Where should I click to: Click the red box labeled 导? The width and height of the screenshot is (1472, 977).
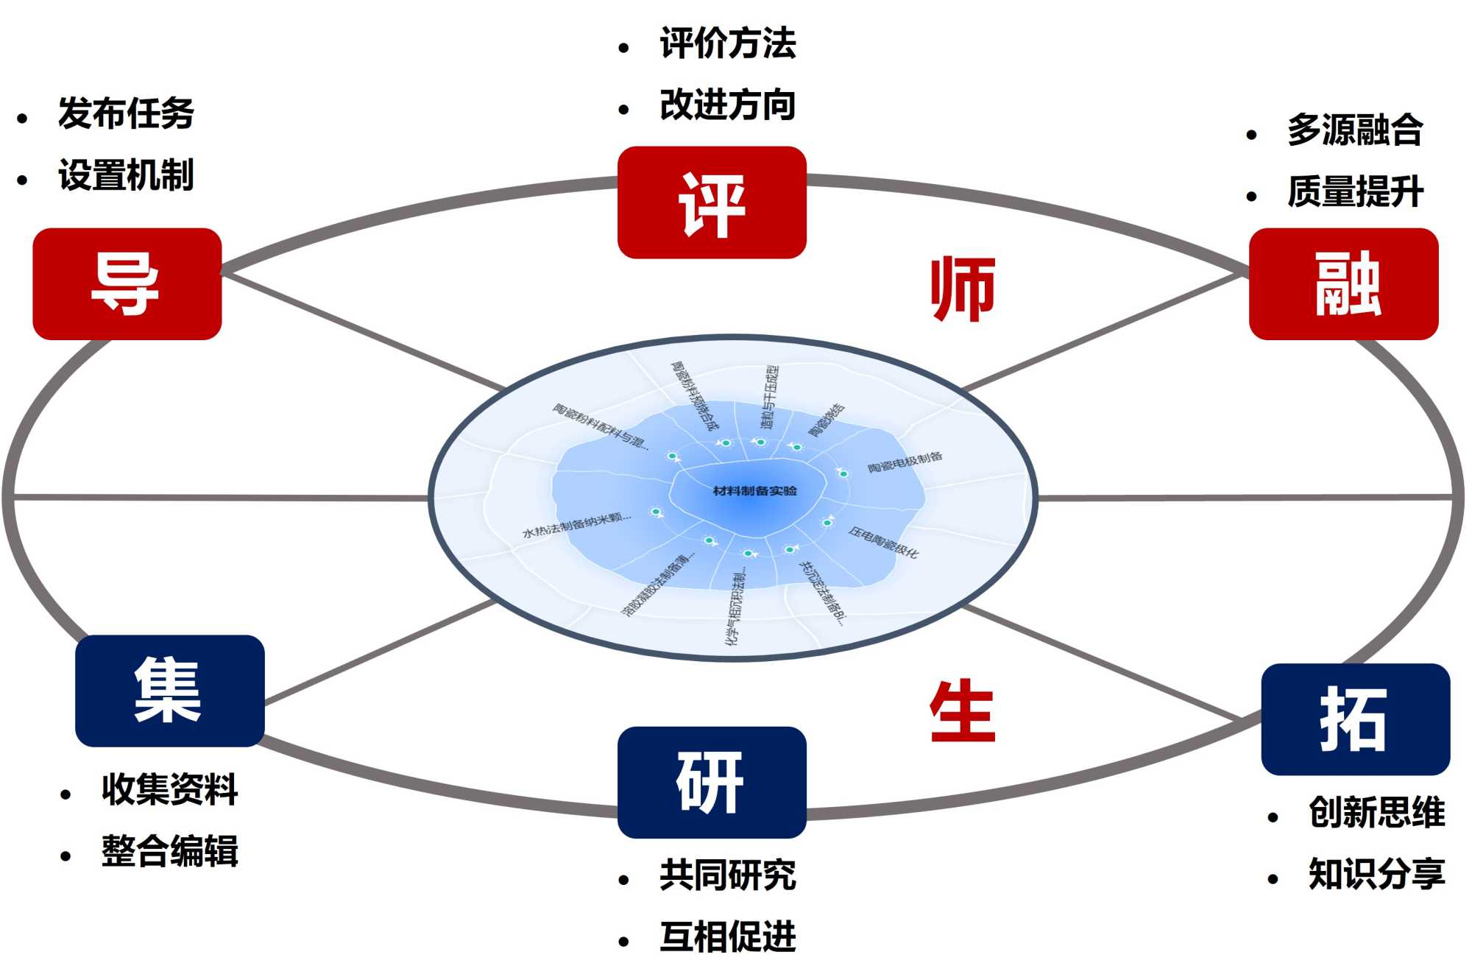click(127, 283)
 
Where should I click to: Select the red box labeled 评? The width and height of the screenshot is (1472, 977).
click(712, 202)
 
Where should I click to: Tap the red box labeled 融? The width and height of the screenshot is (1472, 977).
click(1344, 283)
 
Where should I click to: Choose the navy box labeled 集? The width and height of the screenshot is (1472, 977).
click(169, 691)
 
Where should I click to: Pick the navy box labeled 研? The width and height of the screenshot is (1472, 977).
click(712, 782)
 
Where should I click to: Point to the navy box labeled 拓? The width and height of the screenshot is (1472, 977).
click(1356, 719)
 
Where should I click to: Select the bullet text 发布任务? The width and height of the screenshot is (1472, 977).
click(126, 113)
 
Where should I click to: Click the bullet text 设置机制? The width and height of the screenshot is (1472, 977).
click(126, 175)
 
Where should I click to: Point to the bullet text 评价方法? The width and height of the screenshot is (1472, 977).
click(727, 43)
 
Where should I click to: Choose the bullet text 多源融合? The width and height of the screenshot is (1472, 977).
click(1355, 130)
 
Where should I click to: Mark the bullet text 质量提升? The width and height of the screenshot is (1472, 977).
click(1355, 191)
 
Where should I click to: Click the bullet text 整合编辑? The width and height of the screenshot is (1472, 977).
click(169, 851)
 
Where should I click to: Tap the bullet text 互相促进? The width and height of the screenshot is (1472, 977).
click(727, 937)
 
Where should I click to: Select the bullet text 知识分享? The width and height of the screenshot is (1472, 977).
click(1376, 874)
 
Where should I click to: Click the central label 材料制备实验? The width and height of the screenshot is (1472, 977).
click(754, 491)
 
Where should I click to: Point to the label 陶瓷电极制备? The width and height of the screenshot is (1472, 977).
click(905, 462)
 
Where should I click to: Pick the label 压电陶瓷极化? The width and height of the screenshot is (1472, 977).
click(883, 543)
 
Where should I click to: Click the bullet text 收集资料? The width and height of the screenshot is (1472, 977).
click(169, 789)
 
